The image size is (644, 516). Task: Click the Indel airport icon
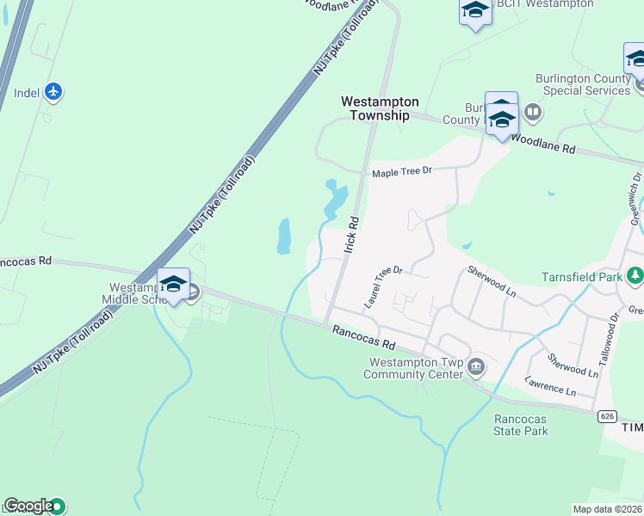[x=53, y=91]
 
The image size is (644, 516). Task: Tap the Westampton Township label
[x=375, y=107]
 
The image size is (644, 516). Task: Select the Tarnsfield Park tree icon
[x=635, y=276]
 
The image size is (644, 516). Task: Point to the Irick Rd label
[x=350, y=233]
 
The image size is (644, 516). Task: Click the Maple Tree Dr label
[x=401, y=172]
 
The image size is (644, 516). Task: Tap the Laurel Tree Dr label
[x=383, y=287]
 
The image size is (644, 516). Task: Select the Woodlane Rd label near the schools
[x=543, y=143]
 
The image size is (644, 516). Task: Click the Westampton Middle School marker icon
[x=173, y=284]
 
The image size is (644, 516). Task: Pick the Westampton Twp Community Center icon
[x=476, y=368]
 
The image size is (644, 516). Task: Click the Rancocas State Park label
[x=520, y=425]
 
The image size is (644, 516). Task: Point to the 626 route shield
[x=607, y=416]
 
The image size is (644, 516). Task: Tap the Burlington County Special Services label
[x=583, y=84]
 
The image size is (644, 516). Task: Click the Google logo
[x=28, y=506]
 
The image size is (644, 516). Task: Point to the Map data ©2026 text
[x=608, y=509]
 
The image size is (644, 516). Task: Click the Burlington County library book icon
[x=533, y=112]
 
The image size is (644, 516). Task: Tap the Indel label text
[x=27, y=93]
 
